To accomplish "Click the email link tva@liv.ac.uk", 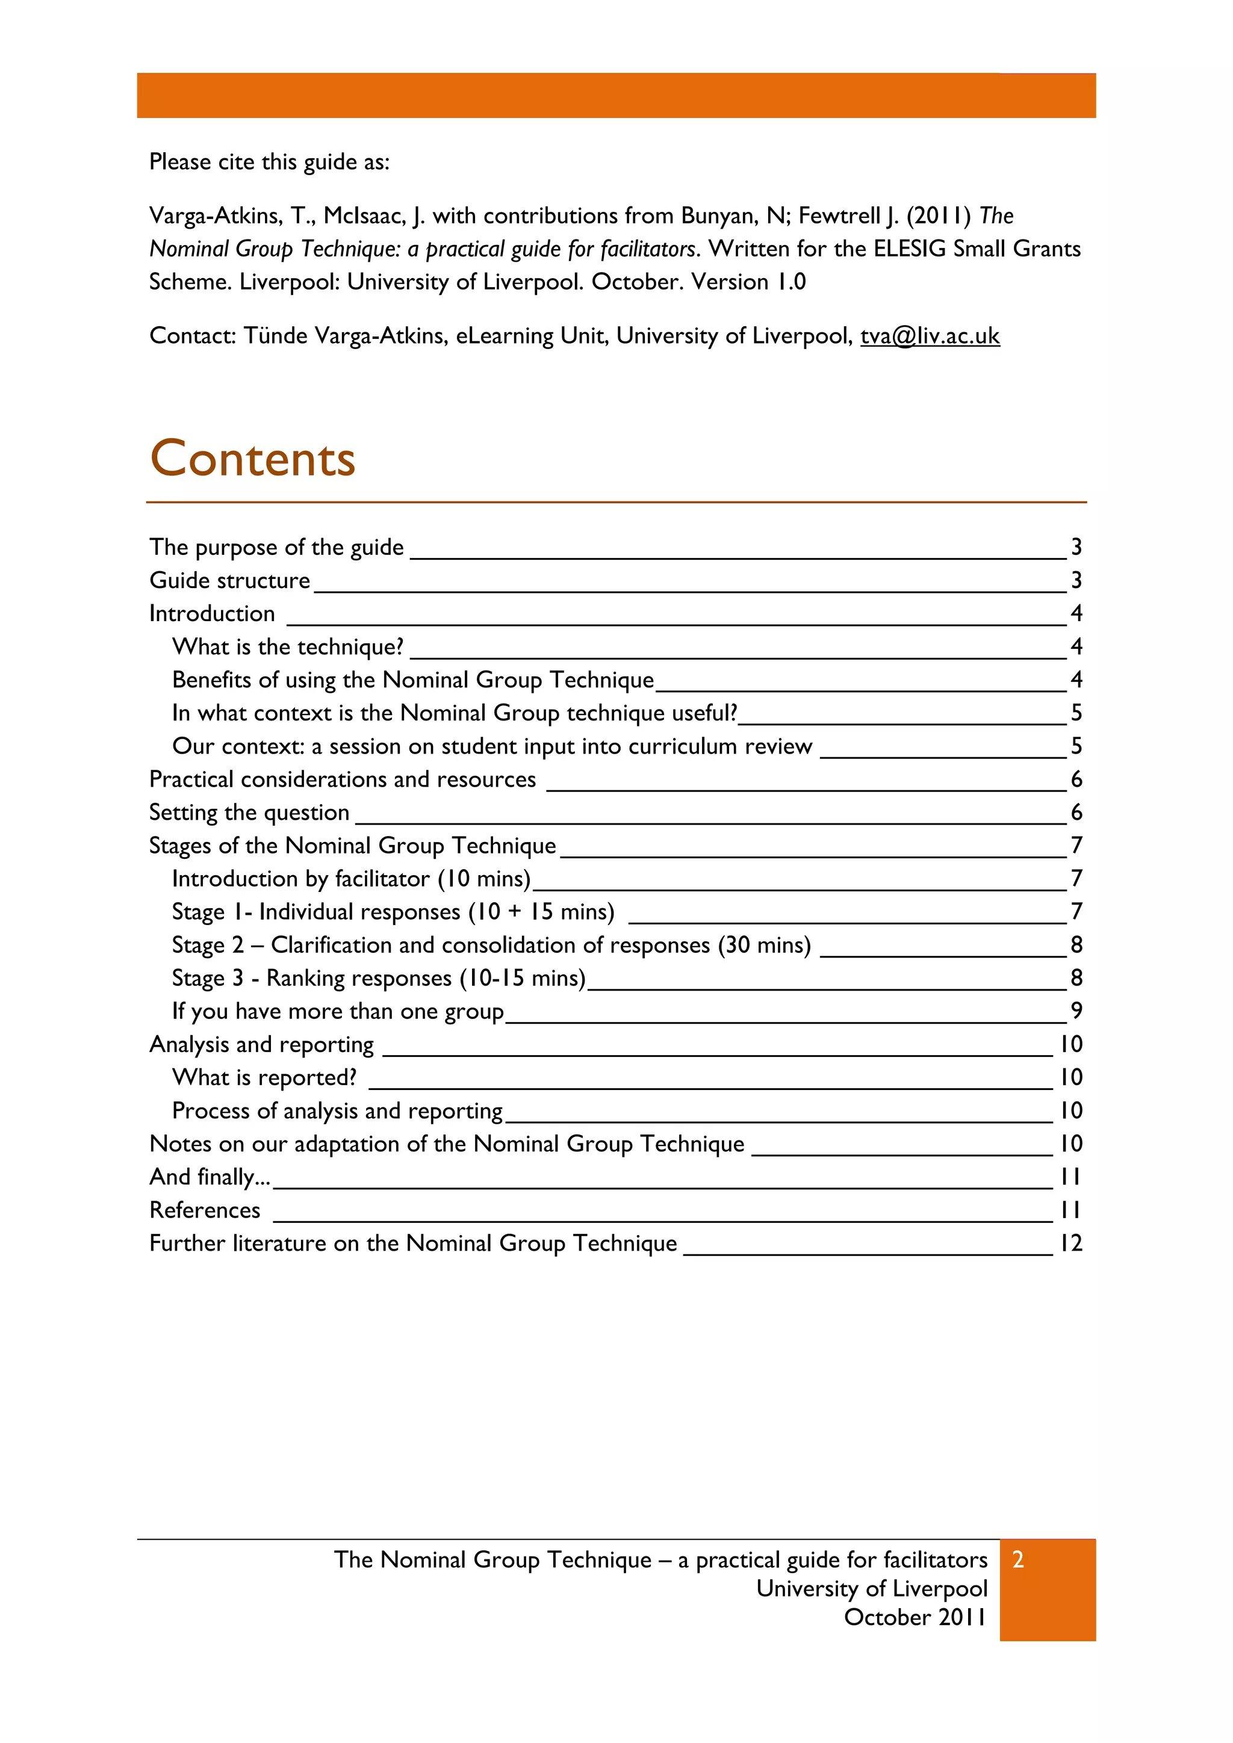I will tap(930, 336).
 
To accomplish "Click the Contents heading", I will tap(253, 459).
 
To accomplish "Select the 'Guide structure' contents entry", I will tap(229, 581).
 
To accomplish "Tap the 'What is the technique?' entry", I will tap(288, 647).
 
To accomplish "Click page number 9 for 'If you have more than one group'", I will tap(1076, 1011).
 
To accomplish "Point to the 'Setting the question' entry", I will tap(249, 813).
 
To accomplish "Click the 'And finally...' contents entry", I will tap(210, 1177).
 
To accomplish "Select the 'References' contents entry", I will tap(205, 1210).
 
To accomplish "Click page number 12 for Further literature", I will tap(1071, 1243).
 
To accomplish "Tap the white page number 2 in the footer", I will tap(1018, 1559).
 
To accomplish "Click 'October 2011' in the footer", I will tap(915, 1617).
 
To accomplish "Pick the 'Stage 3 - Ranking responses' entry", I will tap(379, 978).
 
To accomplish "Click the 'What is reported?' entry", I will tap(264, 1077).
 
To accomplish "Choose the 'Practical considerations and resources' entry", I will tap(343, 779).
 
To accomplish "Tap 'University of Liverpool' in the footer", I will tap(872, 1588).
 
